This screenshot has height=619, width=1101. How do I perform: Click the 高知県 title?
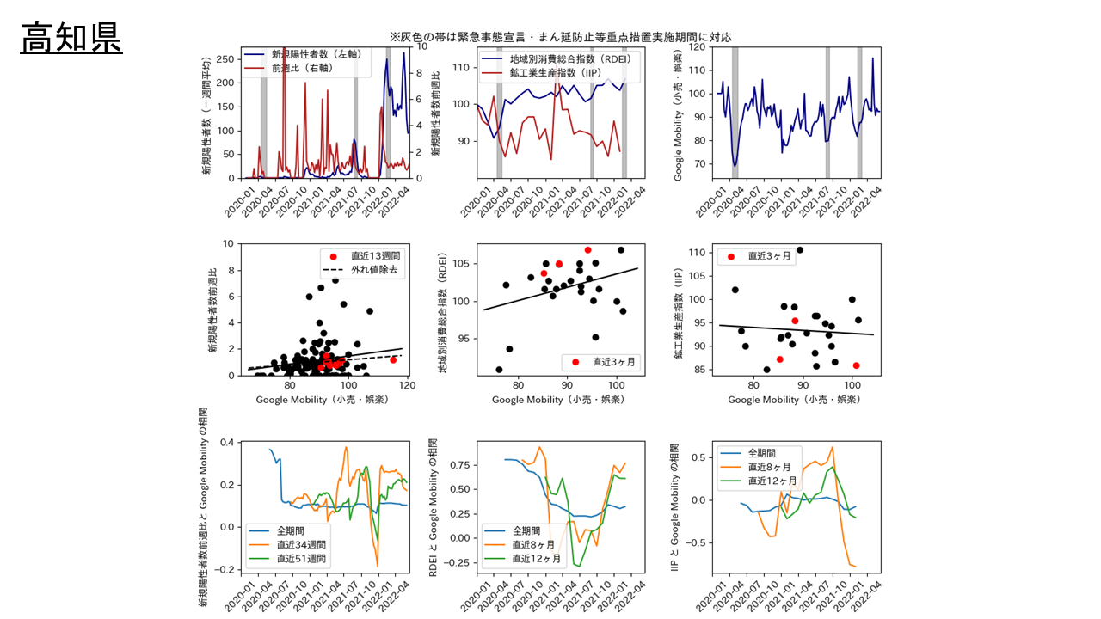pos(71,38)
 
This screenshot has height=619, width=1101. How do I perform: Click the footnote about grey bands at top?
pos(560,37)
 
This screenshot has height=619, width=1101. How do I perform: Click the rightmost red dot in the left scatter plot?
pos(393,359)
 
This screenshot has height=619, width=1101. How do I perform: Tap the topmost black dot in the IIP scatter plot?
pos(800,250)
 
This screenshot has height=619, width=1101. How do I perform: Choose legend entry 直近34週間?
pos(301,545)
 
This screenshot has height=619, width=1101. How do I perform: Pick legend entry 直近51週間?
pos(301,559)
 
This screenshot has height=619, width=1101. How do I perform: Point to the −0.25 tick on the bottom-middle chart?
pos(460,562)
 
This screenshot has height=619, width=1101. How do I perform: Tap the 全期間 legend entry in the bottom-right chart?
pos(764,452)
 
